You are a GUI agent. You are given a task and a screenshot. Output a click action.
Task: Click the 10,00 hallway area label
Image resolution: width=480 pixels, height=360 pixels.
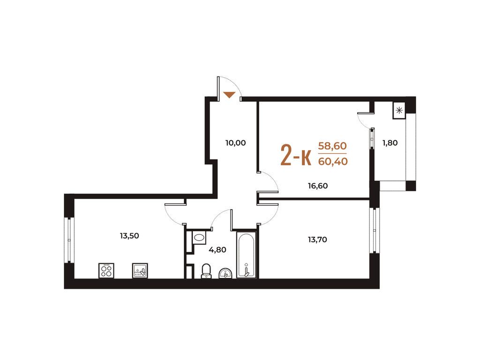(235, 143)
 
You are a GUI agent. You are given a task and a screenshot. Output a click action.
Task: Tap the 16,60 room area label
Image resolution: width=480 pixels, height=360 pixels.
(318, 186)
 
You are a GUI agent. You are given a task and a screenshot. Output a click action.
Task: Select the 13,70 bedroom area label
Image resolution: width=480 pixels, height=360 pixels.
(317, 240)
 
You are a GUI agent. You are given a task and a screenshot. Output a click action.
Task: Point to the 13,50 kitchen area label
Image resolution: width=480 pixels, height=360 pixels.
(129, 236)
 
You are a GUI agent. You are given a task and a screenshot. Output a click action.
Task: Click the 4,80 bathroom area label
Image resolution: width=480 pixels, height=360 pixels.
(217, 250)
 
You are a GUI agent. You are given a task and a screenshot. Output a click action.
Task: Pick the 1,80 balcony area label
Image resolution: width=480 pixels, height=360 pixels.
(390, 142)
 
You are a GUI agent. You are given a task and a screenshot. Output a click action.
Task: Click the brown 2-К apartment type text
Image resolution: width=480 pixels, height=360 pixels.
(296, 155)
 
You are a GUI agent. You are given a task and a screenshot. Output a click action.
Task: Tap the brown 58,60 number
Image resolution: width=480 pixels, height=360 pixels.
(332, 146)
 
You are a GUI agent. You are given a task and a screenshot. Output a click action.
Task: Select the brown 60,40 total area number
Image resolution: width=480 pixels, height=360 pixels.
(333, 161)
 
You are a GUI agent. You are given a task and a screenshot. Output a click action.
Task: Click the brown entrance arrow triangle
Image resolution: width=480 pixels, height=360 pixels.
(229, 95)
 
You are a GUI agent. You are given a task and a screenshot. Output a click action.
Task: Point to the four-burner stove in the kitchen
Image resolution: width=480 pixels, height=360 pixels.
(106, 270)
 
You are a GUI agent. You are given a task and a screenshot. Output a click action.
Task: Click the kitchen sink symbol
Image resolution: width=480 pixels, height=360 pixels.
(140, 270)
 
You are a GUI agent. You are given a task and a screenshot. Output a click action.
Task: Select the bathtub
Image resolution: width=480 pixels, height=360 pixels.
(246, 255)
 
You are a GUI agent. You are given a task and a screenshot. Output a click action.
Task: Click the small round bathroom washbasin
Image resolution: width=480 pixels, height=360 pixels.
(225, 273)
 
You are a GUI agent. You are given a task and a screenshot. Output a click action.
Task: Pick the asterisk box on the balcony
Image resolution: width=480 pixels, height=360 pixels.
(399, 110)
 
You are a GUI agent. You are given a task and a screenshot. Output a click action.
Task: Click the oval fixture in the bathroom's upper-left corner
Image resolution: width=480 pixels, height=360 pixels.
(199, 237)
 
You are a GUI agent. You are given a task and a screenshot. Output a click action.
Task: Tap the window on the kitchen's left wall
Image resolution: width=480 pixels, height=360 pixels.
(69, 240)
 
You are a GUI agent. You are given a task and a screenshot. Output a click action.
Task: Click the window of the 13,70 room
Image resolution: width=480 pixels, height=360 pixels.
(375, 230)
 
